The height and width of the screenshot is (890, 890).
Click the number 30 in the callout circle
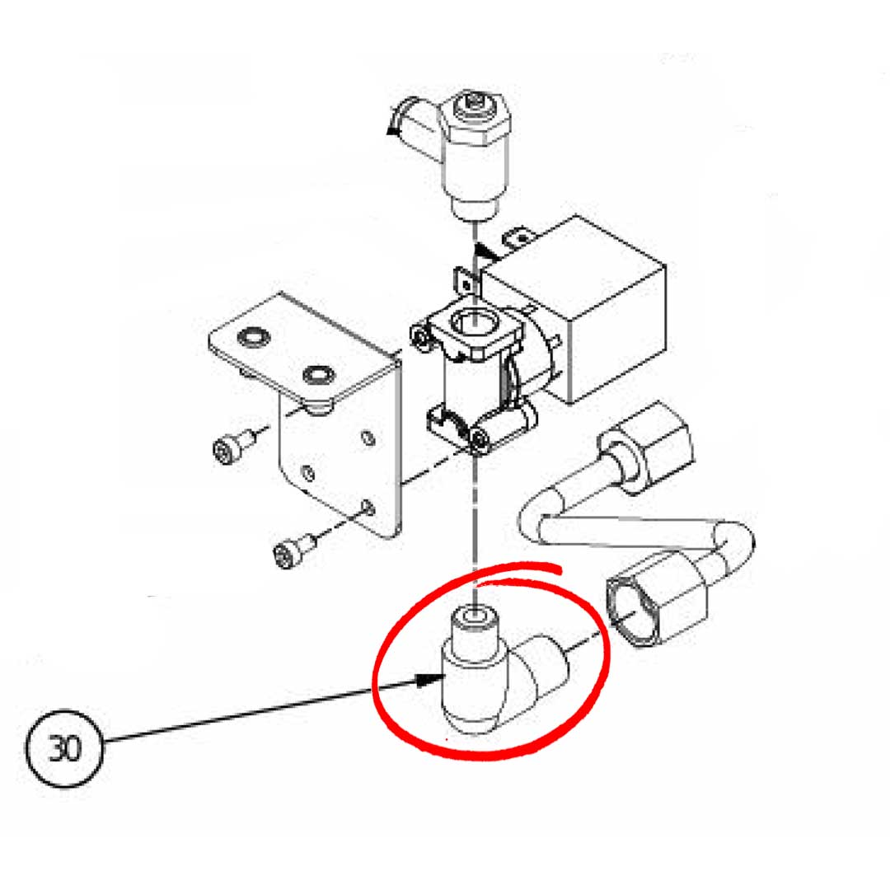(63, 749)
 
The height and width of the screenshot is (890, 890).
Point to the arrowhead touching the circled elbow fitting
(432, 680)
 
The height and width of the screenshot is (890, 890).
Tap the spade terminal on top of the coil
(520, 240)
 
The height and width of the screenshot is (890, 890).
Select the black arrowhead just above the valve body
(489, 247)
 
